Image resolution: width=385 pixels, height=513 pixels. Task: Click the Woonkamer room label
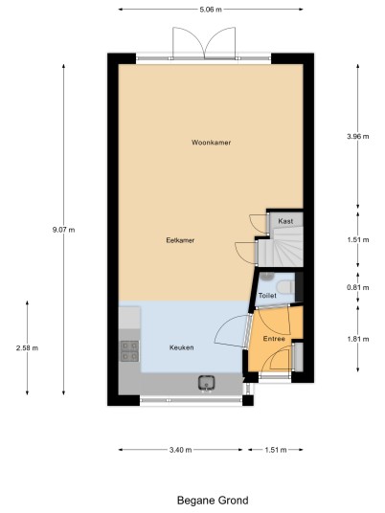click(211, 143)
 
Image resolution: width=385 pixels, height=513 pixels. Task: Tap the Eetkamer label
click(180, 240)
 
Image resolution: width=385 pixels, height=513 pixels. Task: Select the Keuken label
click(182, 347)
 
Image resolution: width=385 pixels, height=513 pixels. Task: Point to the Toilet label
click(267, 296)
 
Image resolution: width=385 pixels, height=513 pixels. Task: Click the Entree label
click(274, 339)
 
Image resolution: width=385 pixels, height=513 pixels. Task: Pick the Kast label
click(285, 221)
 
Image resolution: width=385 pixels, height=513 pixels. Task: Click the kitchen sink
click(207, 383)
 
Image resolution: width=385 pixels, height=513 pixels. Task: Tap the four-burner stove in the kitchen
click(129, 351)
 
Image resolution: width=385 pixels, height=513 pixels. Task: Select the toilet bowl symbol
click(285, 287)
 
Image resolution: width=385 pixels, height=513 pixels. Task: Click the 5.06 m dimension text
click(211, 10)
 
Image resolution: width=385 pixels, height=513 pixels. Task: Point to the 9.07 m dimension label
click(63, 230)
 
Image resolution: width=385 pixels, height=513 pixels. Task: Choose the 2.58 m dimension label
click(27, 347)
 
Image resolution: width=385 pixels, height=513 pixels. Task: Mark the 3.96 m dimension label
click(358, 136)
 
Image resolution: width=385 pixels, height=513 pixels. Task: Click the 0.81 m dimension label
click(358, 287)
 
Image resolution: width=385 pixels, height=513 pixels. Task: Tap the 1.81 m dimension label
click(358, 339)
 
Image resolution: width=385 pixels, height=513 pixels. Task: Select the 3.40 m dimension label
click(180, 450)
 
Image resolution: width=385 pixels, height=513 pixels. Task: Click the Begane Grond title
click(213, 501)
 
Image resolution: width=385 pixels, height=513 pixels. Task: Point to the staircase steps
click(284, 248)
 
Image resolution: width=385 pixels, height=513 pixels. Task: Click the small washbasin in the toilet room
click(267, 277)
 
